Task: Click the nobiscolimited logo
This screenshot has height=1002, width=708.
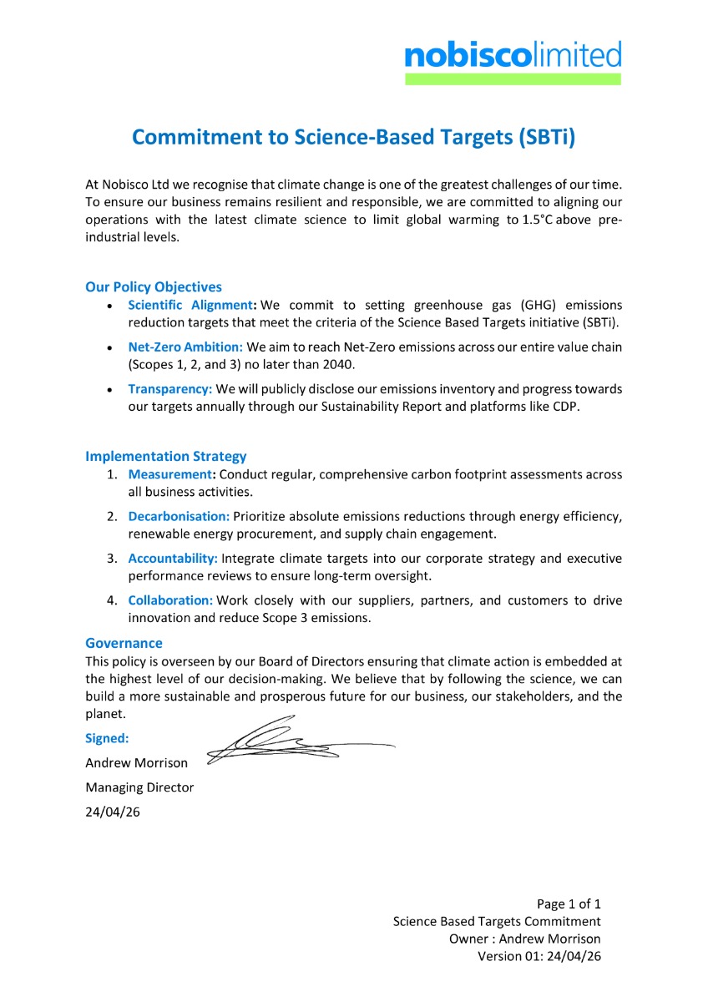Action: point(513,56)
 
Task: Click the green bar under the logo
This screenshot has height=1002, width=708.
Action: point(513,79)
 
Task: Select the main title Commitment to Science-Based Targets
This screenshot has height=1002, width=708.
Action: point(354,137)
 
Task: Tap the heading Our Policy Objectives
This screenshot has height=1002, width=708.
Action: point(154,286)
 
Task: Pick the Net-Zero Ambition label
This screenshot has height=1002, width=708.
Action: point(185,347)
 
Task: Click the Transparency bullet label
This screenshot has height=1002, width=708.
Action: point(170,389)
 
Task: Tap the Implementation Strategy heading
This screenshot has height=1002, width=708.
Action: point(166,456)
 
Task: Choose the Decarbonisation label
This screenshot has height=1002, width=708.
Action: point(179,516)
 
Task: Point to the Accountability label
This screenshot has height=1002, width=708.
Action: point(173,558)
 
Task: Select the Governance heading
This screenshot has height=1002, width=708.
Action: point(124,643)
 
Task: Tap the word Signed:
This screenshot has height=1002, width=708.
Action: point(106,738)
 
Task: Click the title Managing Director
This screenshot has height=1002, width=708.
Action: point(139,787)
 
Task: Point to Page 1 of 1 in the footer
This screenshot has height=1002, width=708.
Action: point(569,903)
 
